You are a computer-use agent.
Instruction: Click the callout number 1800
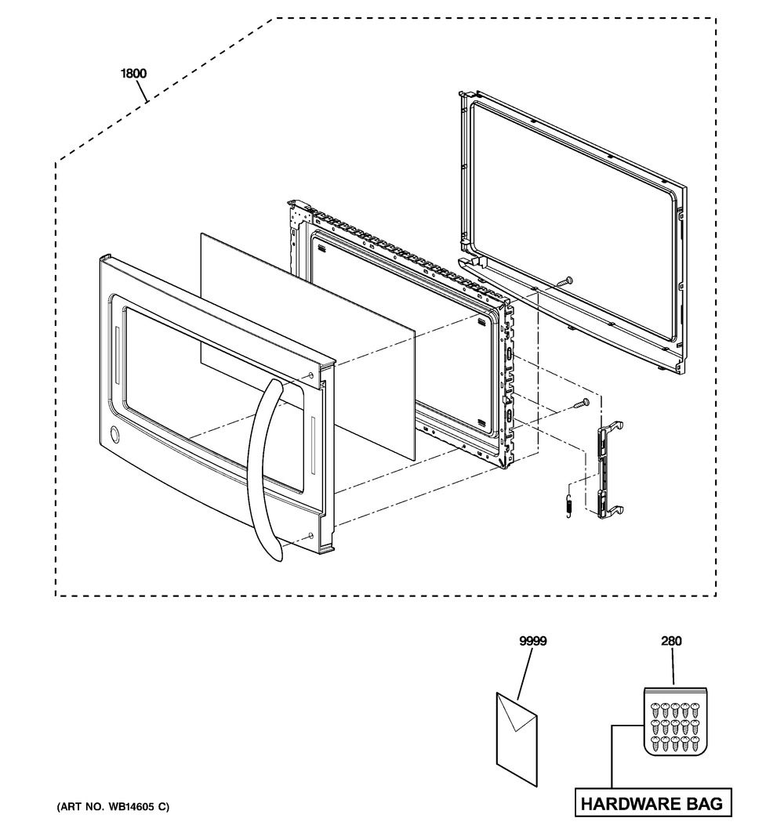[x=133, y=73]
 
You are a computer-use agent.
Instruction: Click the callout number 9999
[x=533, y=641]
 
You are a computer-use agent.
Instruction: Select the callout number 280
[x=671, y=641]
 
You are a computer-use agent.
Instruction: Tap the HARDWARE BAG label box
[x=653, y=803]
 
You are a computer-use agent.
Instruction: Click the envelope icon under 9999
[x=517, y=739]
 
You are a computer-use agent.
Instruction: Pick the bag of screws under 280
[x=675, y=722]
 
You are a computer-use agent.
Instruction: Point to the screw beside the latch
[x=581, y=404]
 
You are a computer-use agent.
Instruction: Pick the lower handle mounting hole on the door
[x=310, y=536]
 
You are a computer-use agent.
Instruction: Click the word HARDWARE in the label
[x=626, y=803]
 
